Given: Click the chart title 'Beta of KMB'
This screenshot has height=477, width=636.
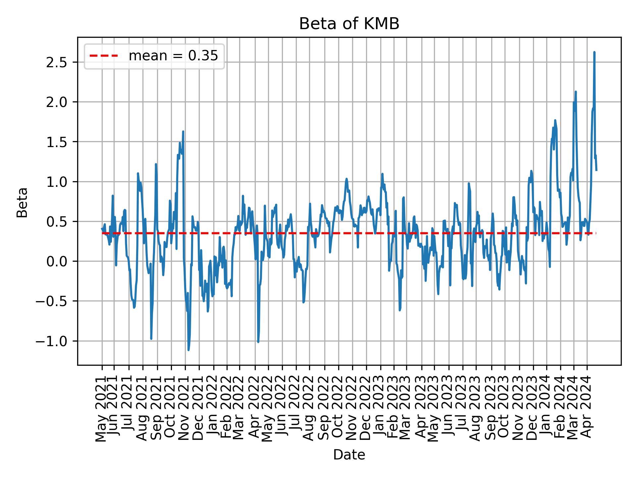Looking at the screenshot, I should click(349, 24).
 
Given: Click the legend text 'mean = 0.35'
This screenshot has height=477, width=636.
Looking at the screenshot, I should click(173, 56).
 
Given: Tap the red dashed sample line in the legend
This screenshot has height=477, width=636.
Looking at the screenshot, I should click(104, 56).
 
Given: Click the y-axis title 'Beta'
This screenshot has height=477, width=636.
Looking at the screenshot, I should click(22, 202).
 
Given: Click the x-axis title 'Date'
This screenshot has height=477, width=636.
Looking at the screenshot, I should click(349, 455).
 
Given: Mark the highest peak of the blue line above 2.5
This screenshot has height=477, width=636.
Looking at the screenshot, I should click(594, 52).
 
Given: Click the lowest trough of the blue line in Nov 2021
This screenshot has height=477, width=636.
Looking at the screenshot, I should click(188, 350).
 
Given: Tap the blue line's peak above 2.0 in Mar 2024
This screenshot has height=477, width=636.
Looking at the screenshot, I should click(576, 92).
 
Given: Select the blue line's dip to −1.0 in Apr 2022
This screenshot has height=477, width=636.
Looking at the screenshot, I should click(258, 342).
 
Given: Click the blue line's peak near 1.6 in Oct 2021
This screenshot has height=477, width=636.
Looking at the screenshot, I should click(183, 132).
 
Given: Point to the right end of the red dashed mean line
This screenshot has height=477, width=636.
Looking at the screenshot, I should click(596, 233).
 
